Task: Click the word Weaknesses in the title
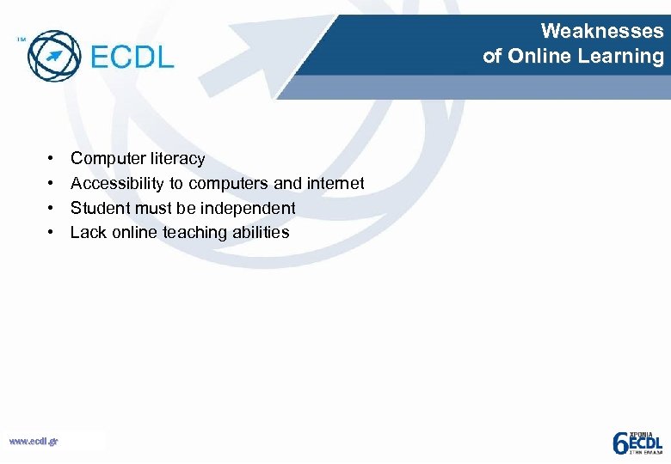click(x=602, y=32)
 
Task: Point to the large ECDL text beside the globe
click(x=132, y=58)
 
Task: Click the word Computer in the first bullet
click(x=103, y=159)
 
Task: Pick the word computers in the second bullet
click(x=228, y=184)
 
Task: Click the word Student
click(x=99, y=208)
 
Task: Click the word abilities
click(x=259, y=233)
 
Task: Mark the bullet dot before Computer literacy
click(x=52, y=159)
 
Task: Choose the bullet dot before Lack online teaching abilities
click(x=52, y=233)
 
